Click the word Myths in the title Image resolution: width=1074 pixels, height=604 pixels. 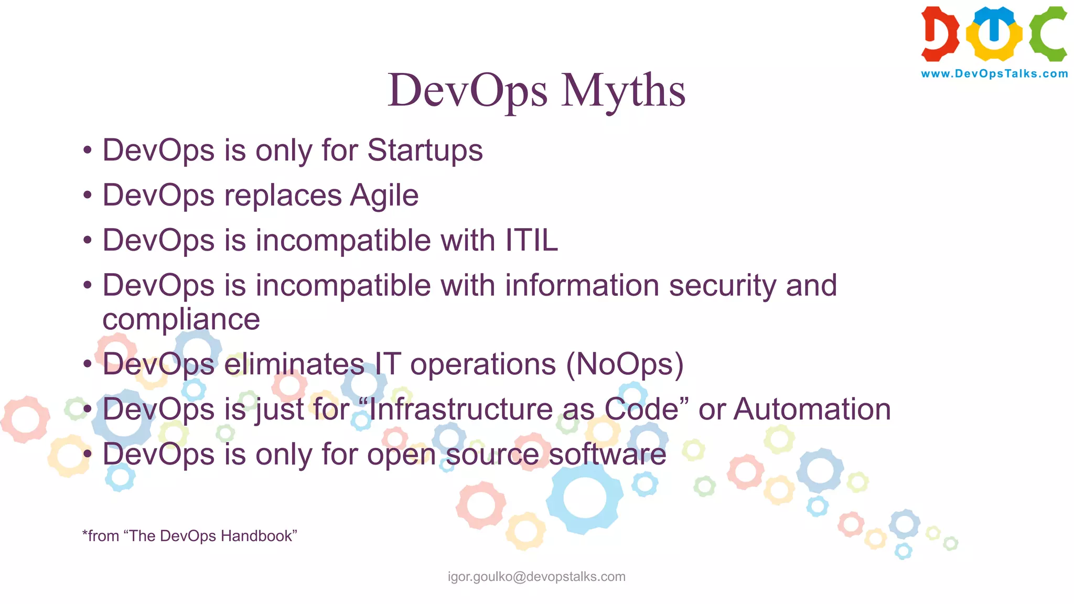(622, 91)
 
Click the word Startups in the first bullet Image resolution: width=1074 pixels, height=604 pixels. (425, 150)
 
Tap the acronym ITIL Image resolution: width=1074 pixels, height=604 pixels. (531, 241)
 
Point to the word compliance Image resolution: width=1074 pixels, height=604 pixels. (181, 319)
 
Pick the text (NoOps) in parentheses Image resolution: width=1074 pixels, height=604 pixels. (625, 364)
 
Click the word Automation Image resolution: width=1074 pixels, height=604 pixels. (812, 409)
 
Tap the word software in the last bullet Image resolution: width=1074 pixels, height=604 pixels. (607, 454)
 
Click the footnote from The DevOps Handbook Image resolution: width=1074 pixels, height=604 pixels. (189, 536)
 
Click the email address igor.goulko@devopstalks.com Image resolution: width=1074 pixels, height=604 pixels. (536, 577)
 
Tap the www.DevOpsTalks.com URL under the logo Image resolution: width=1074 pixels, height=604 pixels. (994, 74)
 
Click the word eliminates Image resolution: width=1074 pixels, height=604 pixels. (294, 364)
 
